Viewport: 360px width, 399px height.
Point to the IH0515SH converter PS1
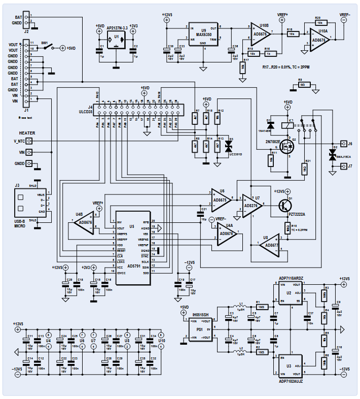[201, 328]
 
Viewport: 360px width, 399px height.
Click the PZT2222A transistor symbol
[284, 205]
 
